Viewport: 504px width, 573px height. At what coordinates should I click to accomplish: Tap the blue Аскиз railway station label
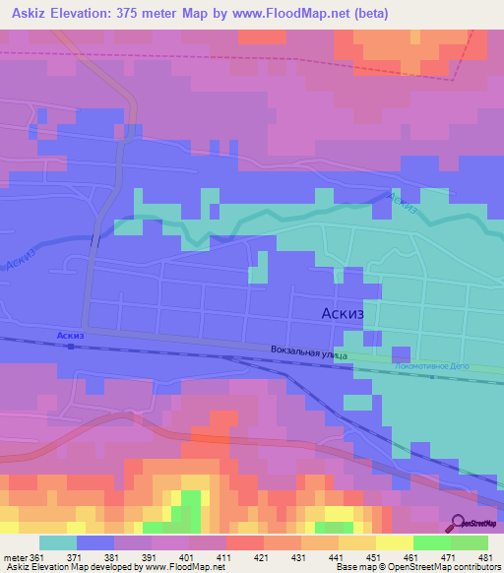point(70,336)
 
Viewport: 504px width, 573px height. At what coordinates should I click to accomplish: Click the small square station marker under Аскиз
point(71,347)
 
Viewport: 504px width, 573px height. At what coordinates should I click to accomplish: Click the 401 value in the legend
point(170,557)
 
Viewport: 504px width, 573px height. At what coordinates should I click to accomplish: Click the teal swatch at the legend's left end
point(58,542)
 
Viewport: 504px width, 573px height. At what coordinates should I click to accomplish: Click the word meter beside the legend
point(15,557)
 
